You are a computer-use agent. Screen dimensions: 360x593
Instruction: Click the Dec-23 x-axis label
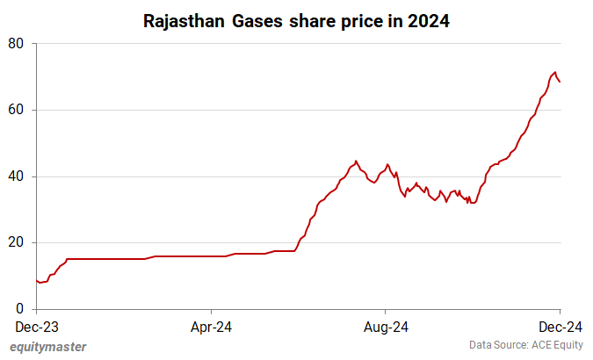37,327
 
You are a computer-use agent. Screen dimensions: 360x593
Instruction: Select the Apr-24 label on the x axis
212,327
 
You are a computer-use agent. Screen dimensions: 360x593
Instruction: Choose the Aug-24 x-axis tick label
386,327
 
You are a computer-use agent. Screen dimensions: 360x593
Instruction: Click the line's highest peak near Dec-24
554,72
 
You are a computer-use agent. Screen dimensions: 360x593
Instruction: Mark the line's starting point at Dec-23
36,281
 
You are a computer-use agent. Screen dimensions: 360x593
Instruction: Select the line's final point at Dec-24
560,82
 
